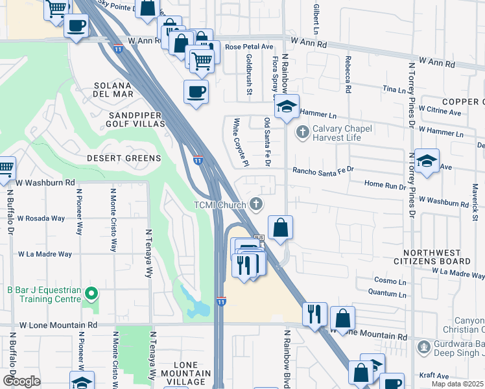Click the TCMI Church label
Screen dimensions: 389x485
tap(219, 205)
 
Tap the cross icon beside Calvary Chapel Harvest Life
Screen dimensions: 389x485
tap(302, 132)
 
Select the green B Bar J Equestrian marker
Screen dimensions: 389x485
tap(91, 294)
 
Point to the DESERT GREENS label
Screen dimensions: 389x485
tap(124, 158)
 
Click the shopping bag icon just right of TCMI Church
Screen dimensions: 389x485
tap(279, 228)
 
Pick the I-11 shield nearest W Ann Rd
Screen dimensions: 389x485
tap(117, 49)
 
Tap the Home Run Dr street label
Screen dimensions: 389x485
tap(385, 185)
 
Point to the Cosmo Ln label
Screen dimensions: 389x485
tap(390, 280)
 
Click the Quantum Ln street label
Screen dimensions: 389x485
tap(386, 294)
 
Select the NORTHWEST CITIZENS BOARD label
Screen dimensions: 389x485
tap(437, 257)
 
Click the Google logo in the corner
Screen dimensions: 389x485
tap(21, 381)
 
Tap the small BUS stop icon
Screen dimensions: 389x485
tap(259, 238)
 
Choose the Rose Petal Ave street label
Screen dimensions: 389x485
tap(249, 47)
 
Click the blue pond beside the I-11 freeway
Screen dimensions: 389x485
tap(198, 305)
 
